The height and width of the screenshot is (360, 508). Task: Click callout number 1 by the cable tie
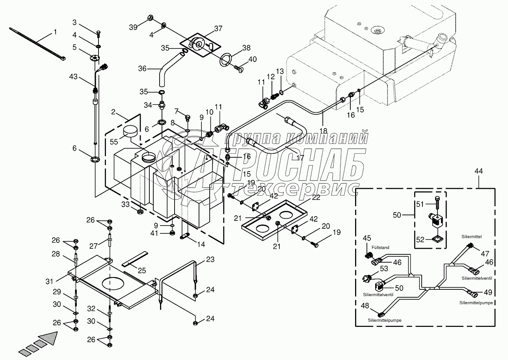coord(55,32)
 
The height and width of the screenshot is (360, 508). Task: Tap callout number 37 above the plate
coord(218,28)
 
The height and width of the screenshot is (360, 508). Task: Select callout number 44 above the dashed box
coord(478,171)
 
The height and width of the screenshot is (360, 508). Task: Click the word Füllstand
coord(380,248)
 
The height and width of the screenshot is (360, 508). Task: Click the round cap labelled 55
coord(131,131)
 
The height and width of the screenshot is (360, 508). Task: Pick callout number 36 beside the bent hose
coord(142,69)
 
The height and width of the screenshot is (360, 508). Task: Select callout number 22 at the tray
coord(316,198)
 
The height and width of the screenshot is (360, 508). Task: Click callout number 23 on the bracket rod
coord(210,260)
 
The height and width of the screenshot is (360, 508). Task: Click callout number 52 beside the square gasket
coord(420,240)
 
